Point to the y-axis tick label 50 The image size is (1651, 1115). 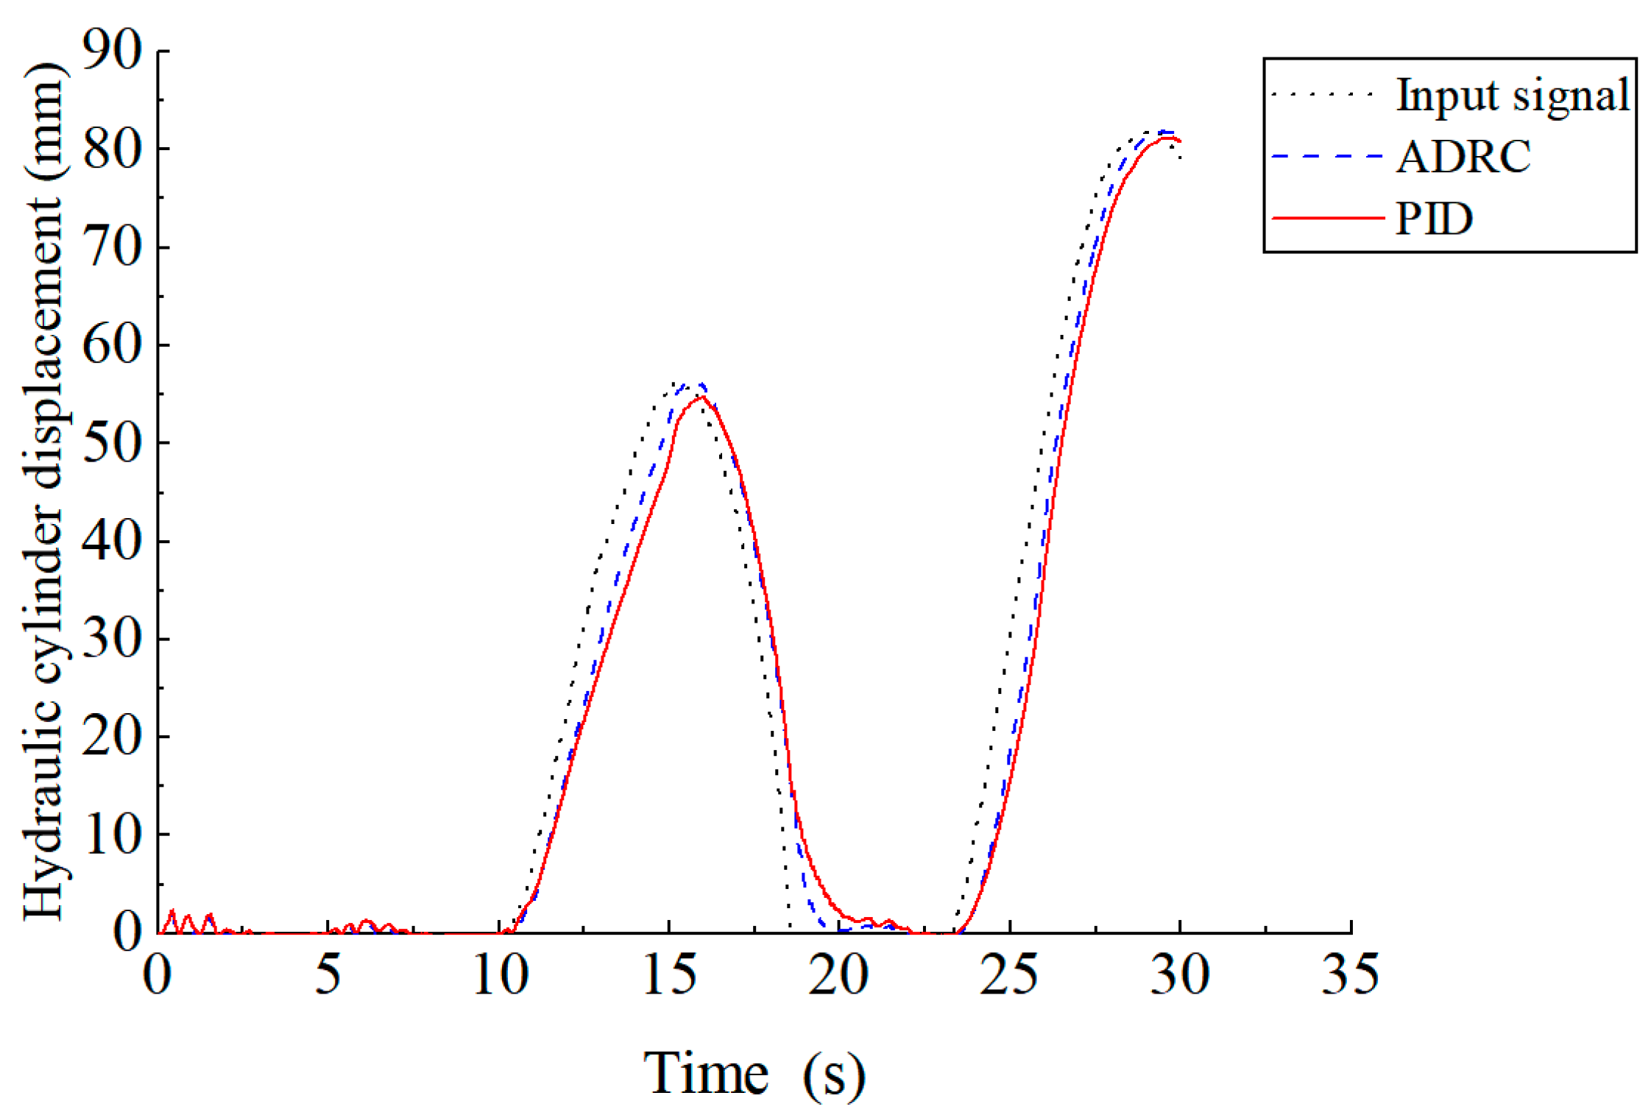tap(112, 442)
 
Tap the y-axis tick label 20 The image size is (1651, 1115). tap(112, 736)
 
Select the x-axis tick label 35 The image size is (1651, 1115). tap(1349, 974)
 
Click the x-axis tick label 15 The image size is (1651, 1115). tap(669, 974)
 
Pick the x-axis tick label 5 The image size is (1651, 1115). tap(328, 974)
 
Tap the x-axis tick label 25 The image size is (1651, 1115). tap(1009, 974)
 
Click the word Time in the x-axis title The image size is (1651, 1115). tap(706, 1074)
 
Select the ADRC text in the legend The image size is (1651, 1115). tap(1463, 157)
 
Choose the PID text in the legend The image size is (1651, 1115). tap(1434, 219)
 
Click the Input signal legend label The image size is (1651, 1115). tap(1513, 95)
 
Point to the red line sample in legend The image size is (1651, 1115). tap(1327, 219)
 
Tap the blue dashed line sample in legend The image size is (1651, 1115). tap(1327, 157)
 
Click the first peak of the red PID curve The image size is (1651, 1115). tap(702, 397)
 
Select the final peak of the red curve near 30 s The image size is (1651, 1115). tap(1167, 138)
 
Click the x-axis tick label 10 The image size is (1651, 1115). tap(500, 974)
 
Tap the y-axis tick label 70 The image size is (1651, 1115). tap(112, 247)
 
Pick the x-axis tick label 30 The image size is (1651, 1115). tap(1179, 974)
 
